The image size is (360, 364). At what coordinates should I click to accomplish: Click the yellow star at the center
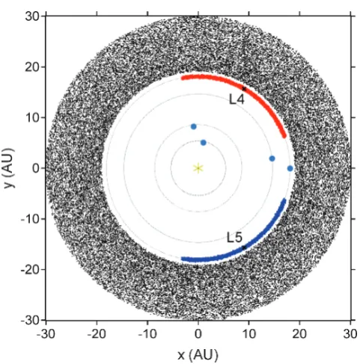click(198, 168)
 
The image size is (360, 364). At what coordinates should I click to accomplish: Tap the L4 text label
click(237, 99)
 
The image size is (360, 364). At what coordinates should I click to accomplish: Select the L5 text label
click(234, 238)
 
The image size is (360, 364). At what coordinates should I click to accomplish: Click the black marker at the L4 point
click(244, 89)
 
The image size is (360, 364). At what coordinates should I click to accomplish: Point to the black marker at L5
click(244, 247)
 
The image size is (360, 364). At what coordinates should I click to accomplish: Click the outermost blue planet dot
click(290, 168)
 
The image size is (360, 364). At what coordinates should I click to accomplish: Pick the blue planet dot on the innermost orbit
click(204, 143)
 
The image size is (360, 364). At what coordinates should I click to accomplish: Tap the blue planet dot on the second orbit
click(194, 126)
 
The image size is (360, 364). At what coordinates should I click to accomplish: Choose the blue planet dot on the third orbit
click(272, 158)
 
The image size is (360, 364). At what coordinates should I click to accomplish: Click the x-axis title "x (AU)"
click(198, 355)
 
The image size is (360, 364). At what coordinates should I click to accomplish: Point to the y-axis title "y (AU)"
click(10, 168)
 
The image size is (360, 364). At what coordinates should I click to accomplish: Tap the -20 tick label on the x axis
click(97, 334)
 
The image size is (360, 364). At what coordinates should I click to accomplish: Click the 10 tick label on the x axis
click(248, 334)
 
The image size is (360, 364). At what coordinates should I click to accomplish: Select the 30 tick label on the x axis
click(350, 334)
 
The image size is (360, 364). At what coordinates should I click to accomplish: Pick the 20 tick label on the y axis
click(32, 67)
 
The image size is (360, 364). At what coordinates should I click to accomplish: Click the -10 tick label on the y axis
click(30, 219)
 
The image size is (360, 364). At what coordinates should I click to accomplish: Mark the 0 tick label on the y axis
click(36, 168)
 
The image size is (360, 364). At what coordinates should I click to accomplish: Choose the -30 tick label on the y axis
click(30, 320)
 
